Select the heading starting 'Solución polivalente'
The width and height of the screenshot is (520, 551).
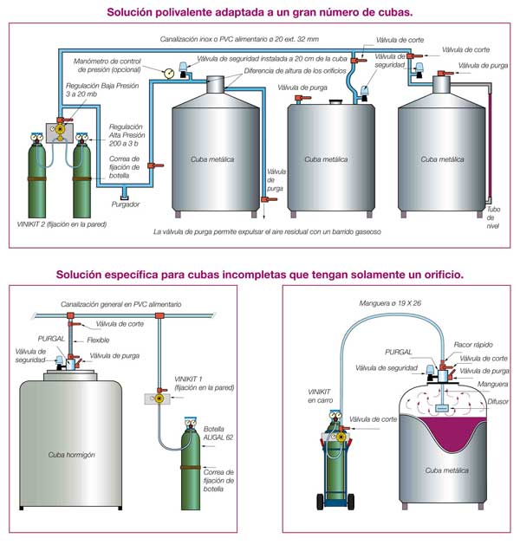tap(258, 12)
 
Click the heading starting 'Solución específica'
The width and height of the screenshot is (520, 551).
tap(259, 274)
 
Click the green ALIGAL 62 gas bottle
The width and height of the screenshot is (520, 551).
tap(188, 459)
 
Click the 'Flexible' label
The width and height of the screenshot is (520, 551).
tap(98, 340)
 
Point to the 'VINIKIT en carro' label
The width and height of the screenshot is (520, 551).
tap(320, 395)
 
